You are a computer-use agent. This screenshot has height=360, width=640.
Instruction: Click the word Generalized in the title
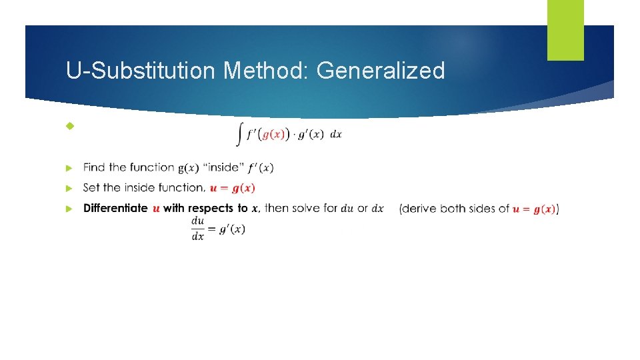[x=381, y=70]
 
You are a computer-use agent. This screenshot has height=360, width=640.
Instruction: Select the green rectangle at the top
[x=565, y=29]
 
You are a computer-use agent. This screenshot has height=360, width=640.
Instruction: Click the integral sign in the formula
[x=239, y=135]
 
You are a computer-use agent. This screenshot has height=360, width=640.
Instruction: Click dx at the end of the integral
[x=336, y=135]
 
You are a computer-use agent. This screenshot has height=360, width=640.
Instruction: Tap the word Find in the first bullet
[x=94, y=167]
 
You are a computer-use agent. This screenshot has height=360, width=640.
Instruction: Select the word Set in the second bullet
[x=92, y=188]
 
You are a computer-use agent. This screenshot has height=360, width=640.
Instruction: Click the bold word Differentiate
[x=115, y=209]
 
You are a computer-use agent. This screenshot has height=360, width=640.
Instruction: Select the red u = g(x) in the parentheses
[x=534, y=209]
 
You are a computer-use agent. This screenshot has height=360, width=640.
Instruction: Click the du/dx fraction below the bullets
[x=198, y=228]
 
